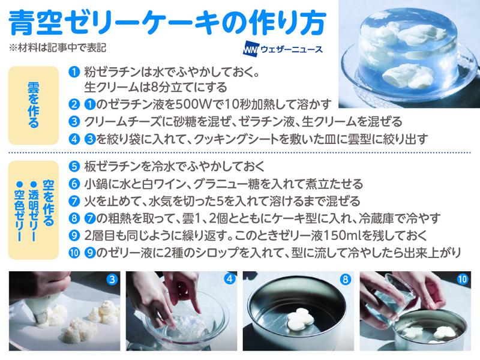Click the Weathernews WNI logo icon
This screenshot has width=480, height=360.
(x=251, y=50)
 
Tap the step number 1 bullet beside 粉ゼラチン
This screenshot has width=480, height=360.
(x=74, y=72)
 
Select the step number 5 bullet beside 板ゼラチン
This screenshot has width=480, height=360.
(x=74, y=167)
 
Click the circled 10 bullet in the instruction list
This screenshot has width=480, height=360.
(x=74, y=253)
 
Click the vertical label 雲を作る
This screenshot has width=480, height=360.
(x=34, y=105)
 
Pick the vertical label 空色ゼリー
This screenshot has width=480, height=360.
(x=19, y=212)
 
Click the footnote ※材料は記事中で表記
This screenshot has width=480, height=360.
(x=58, y=48)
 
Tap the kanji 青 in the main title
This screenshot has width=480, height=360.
(x=22, y=23)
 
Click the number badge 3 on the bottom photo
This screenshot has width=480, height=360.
(x=112, y=279)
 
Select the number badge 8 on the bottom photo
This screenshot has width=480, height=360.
(x=346, y=279)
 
